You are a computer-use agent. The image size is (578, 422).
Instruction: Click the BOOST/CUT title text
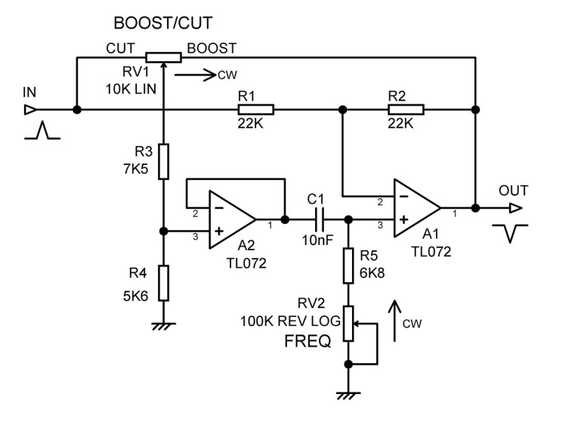tap(173, 22)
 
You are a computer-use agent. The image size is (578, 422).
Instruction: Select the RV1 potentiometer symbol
tap(163, 56)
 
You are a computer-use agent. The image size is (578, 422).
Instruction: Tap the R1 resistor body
tap(255, 110)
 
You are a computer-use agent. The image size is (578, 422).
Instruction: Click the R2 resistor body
tap(405, 110)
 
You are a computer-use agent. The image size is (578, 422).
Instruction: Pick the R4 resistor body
tap(163, 282)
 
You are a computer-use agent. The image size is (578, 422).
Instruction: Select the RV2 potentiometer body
tap(348, 323)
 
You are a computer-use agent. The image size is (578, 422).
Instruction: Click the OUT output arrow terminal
tap(515, 207)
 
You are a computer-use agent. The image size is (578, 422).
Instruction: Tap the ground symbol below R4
tap(163, 325)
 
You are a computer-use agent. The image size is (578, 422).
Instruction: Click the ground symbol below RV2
tap(348, 394)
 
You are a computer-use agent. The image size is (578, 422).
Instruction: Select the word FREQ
tap(307, 341)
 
